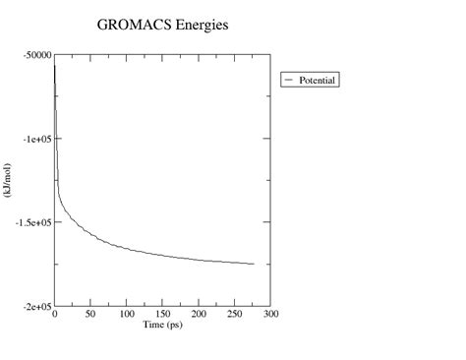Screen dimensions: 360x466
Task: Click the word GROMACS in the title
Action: click(131, 24)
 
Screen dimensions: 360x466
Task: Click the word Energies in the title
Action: click(200, 24)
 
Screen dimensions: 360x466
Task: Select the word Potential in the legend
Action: click(318, 80)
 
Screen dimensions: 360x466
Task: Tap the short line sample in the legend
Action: click(290, 80)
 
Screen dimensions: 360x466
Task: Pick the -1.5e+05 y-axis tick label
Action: click(34, 222)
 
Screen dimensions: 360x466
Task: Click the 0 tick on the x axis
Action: click(55, 315)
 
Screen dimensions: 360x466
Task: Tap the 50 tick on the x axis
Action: click(90, 315)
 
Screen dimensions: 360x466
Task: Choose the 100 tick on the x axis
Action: click(127, 315)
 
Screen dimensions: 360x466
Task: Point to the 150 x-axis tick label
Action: click(163, 315)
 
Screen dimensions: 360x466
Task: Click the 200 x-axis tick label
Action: click(200, 315)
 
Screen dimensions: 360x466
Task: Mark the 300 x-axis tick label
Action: click(271, 315)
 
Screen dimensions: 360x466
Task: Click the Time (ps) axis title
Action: click(163, 325)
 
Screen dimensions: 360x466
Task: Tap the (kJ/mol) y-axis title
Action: click(8, 181)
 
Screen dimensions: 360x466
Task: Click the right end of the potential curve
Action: click(254, 264)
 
